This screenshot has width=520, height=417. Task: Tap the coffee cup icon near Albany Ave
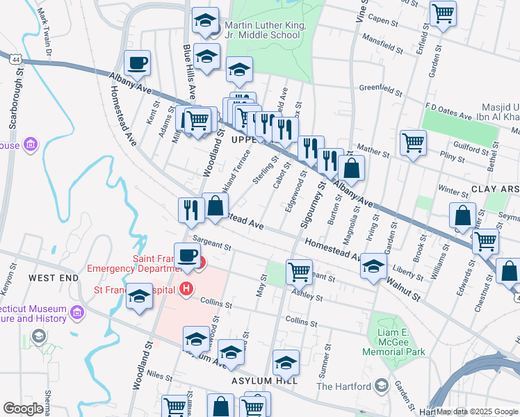coord(137,63)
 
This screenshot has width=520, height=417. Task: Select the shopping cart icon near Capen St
coord(443,14)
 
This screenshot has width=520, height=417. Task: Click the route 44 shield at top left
coord(15,60)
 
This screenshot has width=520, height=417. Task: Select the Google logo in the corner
coord(23,409)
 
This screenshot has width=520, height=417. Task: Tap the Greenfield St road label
coord(381,89)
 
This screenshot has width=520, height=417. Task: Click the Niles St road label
coord(159,376)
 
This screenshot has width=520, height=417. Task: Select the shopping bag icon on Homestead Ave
coord(216,206)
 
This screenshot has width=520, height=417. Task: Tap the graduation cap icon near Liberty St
coord(373,267)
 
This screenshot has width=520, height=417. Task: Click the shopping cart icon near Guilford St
coord(413,143)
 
